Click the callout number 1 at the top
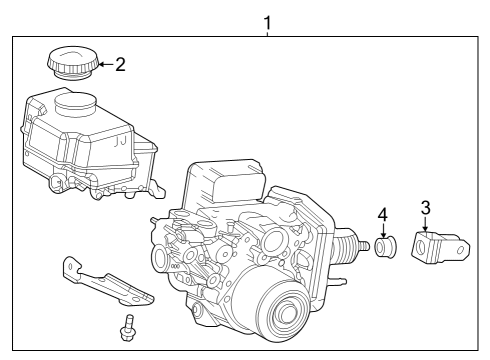pos(266,20)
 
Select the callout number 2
pos(120,66)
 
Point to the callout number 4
pos(381,215)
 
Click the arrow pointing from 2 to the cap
pos(104,66)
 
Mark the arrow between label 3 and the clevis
pos(425,225)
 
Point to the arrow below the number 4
pos(381,230)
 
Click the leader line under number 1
pos(266,33)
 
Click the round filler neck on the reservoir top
pos(77,101)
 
